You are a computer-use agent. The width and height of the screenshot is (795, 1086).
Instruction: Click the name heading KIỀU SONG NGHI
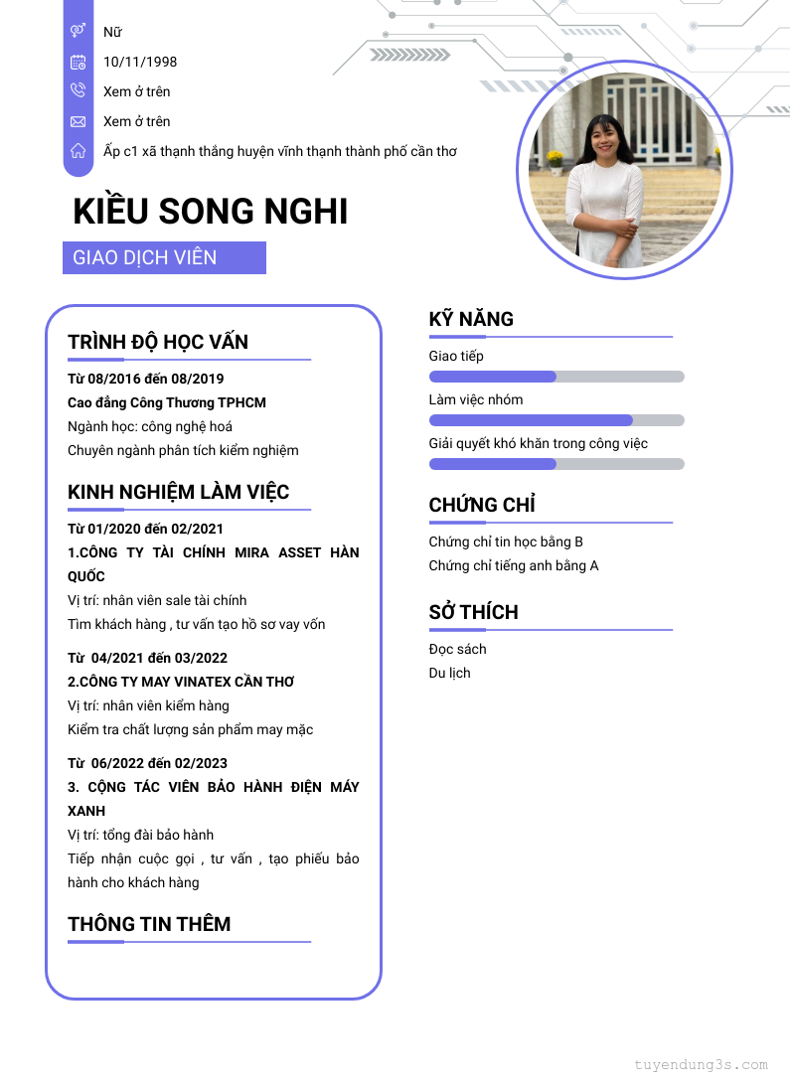(211, 212)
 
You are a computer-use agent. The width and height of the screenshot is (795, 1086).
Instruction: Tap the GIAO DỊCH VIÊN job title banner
(164, 258)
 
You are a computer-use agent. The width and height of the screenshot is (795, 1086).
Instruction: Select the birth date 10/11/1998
(140, 62)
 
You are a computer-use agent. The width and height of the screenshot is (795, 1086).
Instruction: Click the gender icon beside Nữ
(78, 32)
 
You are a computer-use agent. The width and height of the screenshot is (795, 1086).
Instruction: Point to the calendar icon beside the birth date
(78, 62)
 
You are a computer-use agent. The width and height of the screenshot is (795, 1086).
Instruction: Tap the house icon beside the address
(78, 151)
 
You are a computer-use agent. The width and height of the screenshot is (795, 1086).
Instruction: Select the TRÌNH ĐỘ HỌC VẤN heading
(158, 342)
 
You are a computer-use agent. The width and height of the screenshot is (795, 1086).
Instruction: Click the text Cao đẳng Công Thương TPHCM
(167, 402)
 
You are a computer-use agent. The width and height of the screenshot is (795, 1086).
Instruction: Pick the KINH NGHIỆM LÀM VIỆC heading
(179, 492)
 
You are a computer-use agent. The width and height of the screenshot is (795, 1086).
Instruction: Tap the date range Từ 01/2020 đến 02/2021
(146, 529)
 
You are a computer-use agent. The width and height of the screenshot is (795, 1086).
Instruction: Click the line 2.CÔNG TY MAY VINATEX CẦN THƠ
(181, 682)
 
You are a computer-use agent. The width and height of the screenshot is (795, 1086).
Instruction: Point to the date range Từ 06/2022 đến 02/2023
(147, 763)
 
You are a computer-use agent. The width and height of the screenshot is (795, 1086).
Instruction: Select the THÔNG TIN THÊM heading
(149, 924)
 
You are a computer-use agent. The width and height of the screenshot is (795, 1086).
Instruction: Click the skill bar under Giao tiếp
(556, 377)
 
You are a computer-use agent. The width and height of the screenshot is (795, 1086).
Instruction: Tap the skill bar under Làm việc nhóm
(556, 420)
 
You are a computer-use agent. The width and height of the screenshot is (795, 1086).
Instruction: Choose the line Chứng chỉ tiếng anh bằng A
(514, 565)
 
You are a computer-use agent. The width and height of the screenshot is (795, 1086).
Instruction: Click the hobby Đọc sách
(457, 649)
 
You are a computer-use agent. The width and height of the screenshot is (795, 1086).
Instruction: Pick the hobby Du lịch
(450, 673)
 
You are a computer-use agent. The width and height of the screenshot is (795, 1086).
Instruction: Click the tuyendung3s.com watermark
(701, 1065)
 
